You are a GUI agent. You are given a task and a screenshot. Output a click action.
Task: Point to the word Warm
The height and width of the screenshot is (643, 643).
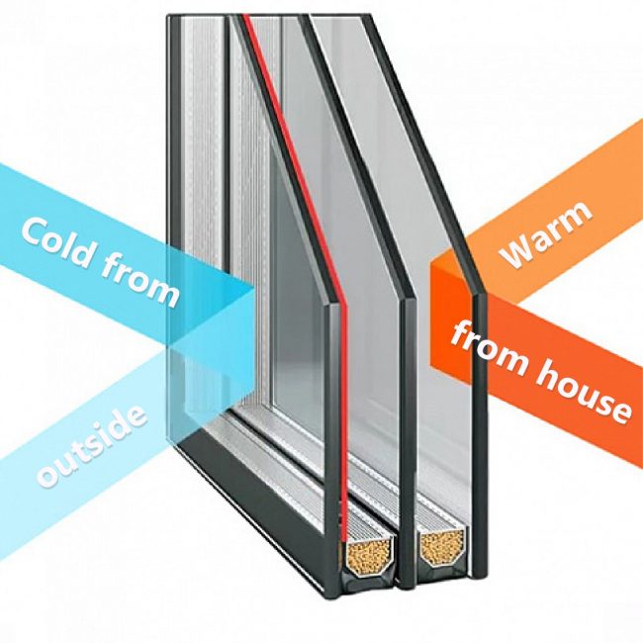click(546, 235)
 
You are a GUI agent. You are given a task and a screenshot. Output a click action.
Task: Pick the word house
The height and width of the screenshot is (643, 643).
click(585, 394)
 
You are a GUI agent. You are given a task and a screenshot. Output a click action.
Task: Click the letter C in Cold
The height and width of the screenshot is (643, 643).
click(35, 231)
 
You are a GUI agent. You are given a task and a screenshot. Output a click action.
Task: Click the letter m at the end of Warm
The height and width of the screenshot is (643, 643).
click(576, 215)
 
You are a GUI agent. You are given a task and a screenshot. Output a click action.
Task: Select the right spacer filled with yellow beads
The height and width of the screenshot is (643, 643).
click(444, 548)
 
